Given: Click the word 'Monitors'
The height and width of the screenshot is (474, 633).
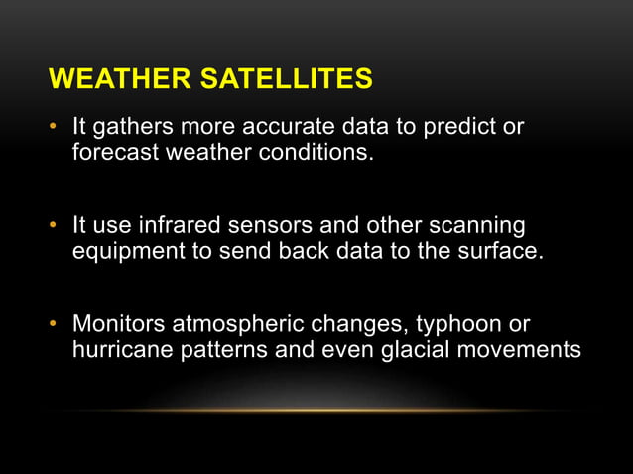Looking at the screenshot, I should tap(118, 324).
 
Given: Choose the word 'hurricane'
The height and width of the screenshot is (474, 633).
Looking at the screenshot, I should tap(120, 349).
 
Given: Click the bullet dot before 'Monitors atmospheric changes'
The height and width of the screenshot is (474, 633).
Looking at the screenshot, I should tap(56, 324).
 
